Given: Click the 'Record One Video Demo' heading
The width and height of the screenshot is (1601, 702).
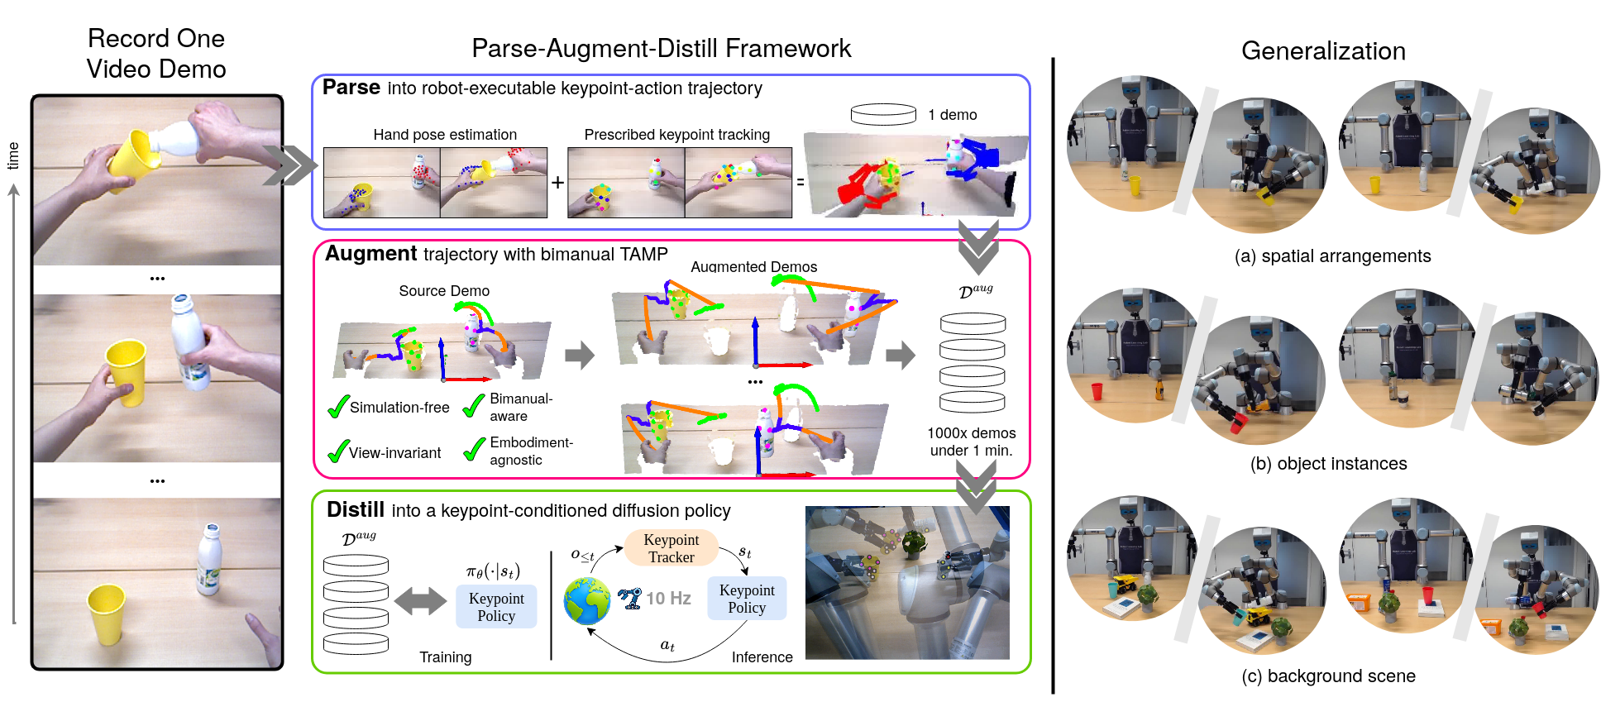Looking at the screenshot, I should click(156, 54).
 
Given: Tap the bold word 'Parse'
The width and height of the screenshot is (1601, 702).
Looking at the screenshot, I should click(351, 88).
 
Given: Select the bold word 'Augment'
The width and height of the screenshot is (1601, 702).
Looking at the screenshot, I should click(370, 254).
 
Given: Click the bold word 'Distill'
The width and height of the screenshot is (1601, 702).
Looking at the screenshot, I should click(356, 509).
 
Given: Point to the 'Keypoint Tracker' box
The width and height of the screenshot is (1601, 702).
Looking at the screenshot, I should click(671, 548).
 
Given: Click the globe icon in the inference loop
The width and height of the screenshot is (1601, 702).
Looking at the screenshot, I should click(587, 600).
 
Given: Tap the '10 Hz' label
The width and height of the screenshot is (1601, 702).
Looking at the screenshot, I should click(668, 599).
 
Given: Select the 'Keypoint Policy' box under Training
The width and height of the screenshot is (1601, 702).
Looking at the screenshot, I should click(496, 607).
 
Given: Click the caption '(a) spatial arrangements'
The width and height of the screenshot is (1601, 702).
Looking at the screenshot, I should click(1332, 256).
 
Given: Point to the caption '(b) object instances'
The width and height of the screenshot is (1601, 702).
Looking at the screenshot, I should click(1328, 464).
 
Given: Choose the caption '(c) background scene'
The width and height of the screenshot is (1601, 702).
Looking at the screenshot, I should click(1328, 676).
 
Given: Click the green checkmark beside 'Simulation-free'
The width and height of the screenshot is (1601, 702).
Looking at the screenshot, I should click(338, 407).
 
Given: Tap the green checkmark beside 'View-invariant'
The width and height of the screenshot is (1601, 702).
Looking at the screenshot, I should click(338, 451).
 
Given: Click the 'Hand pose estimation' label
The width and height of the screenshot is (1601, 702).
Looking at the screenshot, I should click(445, 135).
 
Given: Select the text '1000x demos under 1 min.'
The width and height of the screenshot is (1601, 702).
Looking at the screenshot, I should click(971, 442).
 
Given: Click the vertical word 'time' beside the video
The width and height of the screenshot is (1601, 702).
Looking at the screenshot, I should click(13, 155).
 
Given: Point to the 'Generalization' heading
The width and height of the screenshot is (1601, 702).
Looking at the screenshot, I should click(1323, 51).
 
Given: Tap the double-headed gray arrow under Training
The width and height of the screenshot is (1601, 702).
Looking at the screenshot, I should click(421, 601).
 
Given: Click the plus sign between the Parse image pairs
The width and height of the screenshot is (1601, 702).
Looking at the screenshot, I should click(558, 182).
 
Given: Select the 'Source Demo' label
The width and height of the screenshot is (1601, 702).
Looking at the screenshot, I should click(444, 291).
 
